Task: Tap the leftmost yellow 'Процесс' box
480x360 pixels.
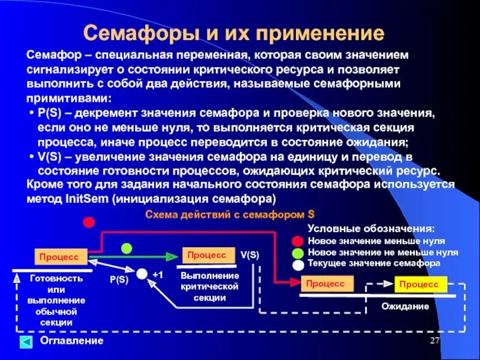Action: [x=60, y=256]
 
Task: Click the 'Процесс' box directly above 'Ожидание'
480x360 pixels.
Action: [x=420, y=284]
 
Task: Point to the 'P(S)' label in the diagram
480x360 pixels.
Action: [x=119, y=280]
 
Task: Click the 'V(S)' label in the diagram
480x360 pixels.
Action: [x=250, y=254]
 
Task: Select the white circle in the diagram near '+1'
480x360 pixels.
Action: [x=142, y=274]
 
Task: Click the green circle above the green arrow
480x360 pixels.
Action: [x=127, y=248]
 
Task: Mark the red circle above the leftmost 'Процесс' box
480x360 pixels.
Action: [x=89, y=222]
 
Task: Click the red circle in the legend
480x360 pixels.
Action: [x=298, y=242]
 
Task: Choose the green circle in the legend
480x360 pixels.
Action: [x=298, y=253]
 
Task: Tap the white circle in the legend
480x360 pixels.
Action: [x=298, y=263]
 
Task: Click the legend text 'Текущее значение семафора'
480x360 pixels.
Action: [x=374, y=263]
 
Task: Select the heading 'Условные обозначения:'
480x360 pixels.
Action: [x=371, y=229]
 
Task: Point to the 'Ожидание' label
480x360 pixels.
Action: [x=405, y=307]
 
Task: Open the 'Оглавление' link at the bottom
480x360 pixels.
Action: [x=71, y=341]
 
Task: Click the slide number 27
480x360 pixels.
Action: [x=436, y=341]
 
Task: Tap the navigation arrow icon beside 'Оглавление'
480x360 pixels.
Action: [x=26, y=342]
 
